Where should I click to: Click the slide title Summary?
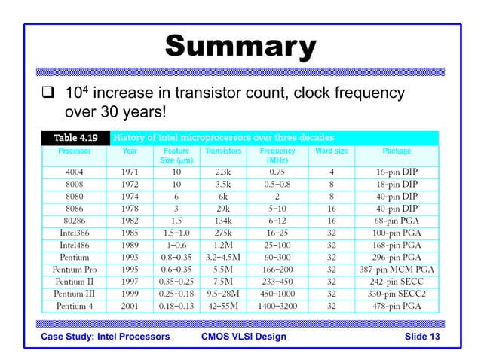240,47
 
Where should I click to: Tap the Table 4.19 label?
75,138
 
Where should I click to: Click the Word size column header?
331,151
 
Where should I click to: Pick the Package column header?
397,151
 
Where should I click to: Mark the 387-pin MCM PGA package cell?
397,269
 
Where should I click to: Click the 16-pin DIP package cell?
397,172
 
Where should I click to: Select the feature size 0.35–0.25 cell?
175,281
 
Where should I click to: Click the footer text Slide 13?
421,336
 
